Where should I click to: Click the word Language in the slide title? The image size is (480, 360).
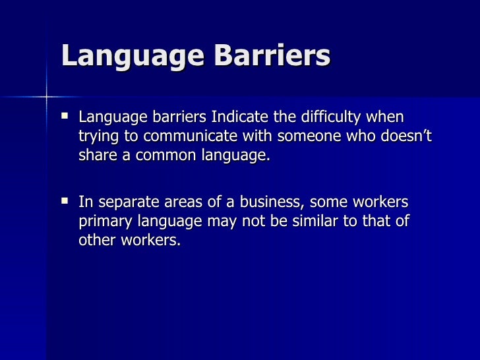click(x=121, y=57)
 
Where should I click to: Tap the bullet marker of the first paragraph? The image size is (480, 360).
click(x=63, y=117)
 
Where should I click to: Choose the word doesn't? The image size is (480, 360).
click(x=404, y=138)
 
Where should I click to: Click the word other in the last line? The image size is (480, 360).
click(x=96, y=241)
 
